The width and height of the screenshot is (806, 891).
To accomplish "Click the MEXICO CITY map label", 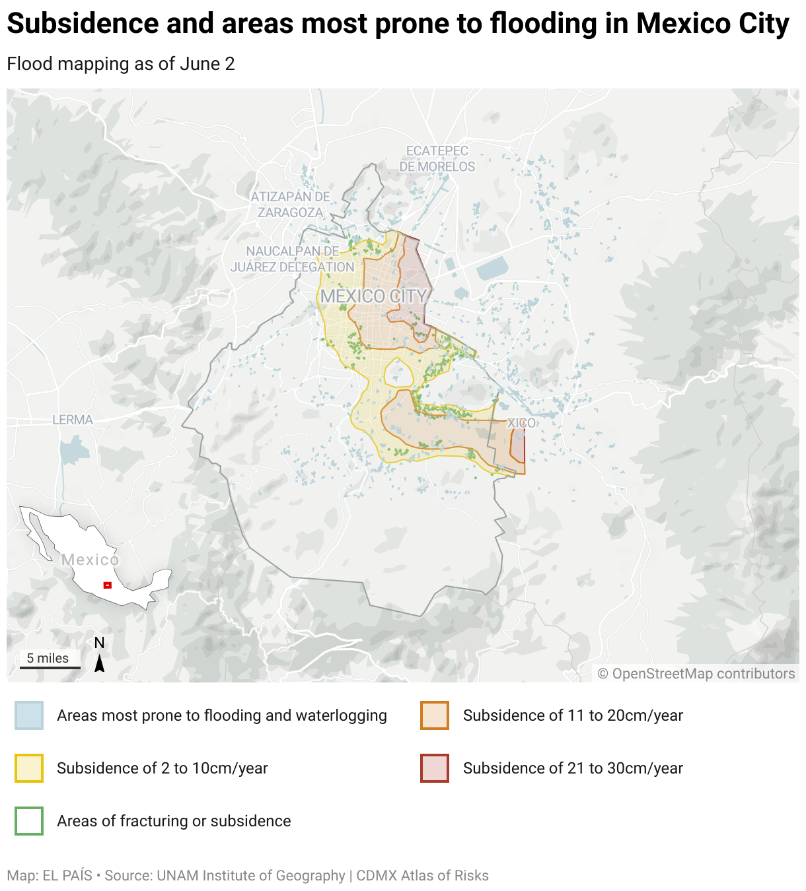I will [374, 296].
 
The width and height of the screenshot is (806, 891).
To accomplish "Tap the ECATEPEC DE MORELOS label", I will [437, 159].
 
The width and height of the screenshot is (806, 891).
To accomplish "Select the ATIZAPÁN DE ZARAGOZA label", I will [290, 205].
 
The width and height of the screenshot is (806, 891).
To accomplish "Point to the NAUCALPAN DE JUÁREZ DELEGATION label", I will [292, 259].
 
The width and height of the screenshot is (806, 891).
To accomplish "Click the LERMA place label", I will [73, 420].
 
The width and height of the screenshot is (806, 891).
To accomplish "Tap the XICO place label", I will [521, 423].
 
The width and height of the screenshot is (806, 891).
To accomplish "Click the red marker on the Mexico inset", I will [108, 585].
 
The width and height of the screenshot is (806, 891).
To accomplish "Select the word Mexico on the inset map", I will [91, 560].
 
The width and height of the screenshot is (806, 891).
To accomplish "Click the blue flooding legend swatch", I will [29, 715].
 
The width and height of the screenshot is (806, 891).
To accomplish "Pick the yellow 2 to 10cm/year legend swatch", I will [29, 768].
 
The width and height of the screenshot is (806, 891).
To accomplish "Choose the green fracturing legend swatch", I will [29, 821].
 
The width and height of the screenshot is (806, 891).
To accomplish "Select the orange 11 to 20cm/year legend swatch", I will [435, 715].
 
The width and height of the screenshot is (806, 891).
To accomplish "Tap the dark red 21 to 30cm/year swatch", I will [435, 768].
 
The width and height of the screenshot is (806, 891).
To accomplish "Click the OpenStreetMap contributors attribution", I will [696, 673].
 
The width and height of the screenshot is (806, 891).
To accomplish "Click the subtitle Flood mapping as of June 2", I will [121, 64].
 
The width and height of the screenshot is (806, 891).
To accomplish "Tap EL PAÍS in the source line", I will [67, 875].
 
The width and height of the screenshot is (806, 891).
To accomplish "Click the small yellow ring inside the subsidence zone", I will [398, 374].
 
